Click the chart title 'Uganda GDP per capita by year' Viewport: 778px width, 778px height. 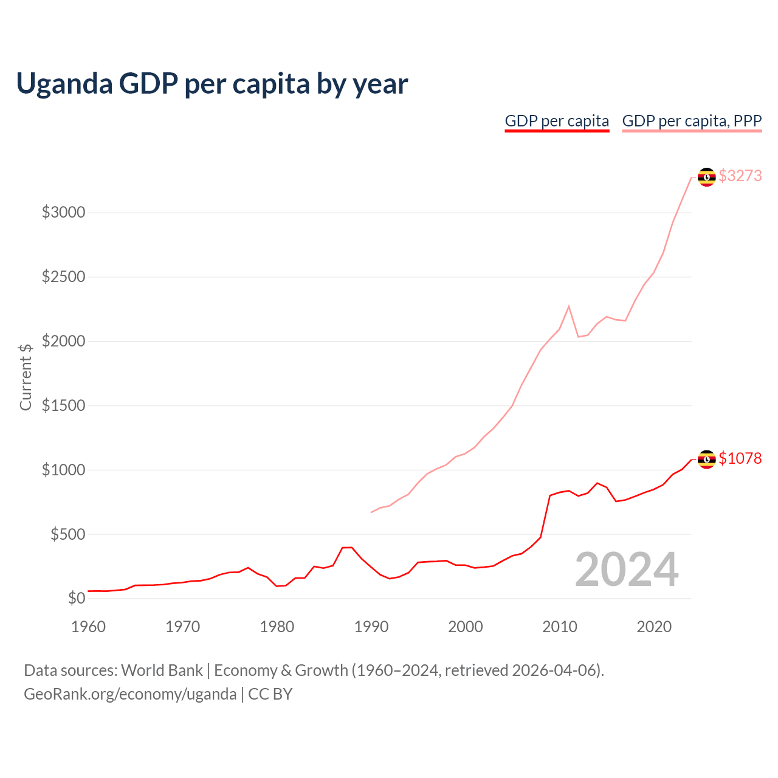(212, 83)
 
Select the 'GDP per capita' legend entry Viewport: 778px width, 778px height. (557, 121)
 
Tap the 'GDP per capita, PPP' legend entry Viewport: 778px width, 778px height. (692, 121)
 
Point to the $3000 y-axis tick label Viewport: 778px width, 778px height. (63, 212)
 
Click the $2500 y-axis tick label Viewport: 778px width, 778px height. (63, 277)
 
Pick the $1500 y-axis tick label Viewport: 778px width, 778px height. (63, 405)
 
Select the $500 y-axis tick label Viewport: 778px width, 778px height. (67, 534)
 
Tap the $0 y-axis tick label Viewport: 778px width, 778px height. (76, 598)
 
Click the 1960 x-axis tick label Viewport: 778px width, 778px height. (89, 627)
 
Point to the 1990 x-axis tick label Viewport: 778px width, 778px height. (371, 627)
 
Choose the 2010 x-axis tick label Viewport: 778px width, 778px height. (560, 627)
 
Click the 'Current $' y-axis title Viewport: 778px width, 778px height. (26, 377)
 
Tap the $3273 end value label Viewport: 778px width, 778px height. (740, 176)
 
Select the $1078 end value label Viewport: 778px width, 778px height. (740, 458)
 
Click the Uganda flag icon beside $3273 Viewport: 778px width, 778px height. (706, 177)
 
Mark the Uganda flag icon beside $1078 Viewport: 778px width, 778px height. (706, 460)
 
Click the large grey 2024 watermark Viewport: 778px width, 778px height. (627, 570)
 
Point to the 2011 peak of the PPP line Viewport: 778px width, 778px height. (569, 306)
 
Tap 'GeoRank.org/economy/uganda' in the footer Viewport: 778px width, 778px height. (130, 694)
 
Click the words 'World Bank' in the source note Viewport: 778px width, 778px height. (162, 670)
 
